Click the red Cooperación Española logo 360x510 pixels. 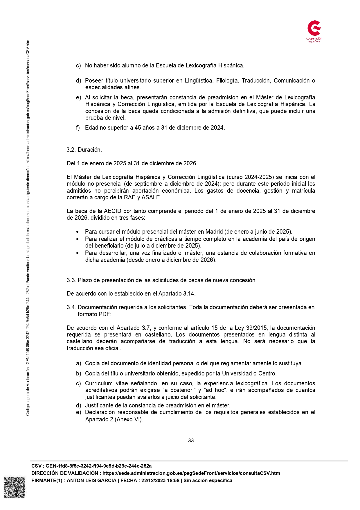[x=314, y=31]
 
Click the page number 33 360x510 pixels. [x=191, y=440]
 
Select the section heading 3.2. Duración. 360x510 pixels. [x=84, y=150]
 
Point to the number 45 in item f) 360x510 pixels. [x=138, y=128]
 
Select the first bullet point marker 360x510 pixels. [x=77, y=232]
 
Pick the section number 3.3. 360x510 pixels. [x=71, y=280]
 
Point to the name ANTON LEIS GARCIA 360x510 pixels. [x=91, y=480]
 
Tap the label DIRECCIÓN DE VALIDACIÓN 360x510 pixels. [x=65, y=473]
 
